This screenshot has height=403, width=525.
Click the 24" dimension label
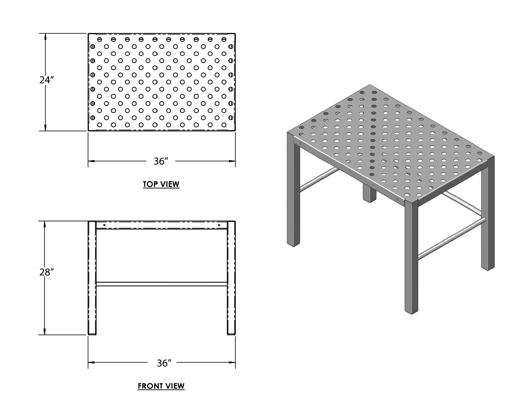pyautogui.click(x=46, y=80)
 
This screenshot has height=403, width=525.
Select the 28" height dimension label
pyautogui.click(x=46, y=272)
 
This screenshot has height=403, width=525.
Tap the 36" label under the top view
pyautogui.click(x=161, y=161)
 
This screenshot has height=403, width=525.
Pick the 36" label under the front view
pyautogui.click(x=164, y=363)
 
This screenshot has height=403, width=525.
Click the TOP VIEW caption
pyautogui.click(x=161, y=184)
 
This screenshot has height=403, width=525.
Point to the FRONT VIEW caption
pyautogui.click(x=161, y=386)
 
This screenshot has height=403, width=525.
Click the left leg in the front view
pyautogui.click(x=92, y=278)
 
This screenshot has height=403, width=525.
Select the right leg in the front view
pyautogui.click(x=231, y=278)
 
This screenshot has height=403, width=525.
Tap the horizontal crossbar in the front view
pyautogui.click(x=162, y=284)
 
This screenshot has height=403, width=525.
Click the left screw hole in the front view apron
pyautogui.click(x=104, y=225)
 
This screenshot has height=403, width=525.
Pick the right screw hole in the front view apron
pyautogui.click(x=219, y=225)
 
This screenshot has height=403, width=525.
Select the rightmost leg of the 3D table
pyautogui.click(x=487, y=213)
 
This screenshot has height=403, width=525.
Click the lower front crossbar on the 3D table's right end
pyautogui.click(x=452, y=238)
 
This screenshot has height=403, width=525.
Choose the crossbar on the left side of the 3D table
pyautogui.click(x=319, y=179)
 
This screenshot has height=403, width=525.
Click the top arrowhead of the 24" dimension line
pyautogui.click(x=45, y=36)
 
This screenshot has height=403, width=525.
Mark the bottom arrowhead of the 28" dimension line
pyautogui.click(x=45, y=332)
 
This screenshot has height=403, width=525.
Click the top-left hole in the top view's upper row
pyautogui.click(x=99, y=39)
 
